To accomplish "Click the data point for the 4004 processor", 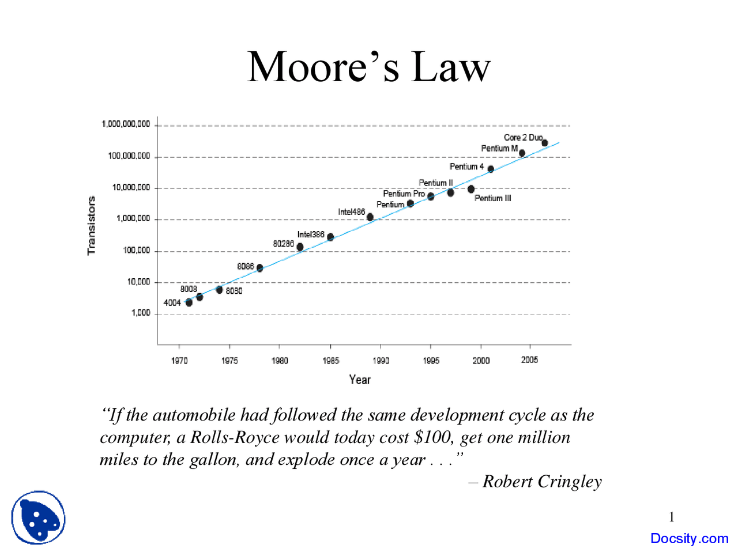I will pyautogui.click(x=189, y=302).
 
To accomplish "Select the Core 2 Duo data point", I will pyautogui.click(x=544, y=143).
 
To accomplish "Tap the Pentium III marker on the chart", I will pyautogui.click(x=471, y=189).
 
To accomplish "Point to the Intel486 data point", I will pyautogui.click(x=370, y=217).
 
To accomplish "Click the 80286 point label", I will pyautogui.click(x=283, y=244).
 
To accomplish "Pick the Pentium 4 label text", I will pyautogui.click(x=466, y=166).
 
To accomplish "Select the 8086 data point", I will pyautogui.click(x=260, y=268).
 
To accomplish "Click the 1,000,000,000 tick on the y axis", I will pyautogui.click(x=126, y=124).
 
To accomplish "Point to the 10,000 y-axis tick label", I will pyautogui.click(x=138, y=282).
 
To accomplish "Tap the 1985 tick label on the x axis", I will pyautogui.click(x=330, y=361).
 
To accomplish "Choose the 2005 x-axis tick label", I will pyautogui.click(x=529, y=360).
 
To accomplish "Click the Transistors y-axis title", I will pyautogui.click(x=91, y=225).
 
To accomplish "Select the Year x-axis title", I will pyautogui.click(x=360, y=380).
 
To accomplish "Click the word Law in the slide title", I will pyautogui.click(x=450, y=67).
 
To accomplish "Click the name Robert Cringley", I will pyautogui.click(x=542, y=482).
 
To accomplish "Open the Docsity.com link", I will pyautogui.click(x=689, y=539).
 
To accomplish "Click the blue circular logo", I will pyautogui.click(x=38, y=517).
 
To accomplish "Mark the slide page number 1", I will pyautogui.click(x=671, y=517).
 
